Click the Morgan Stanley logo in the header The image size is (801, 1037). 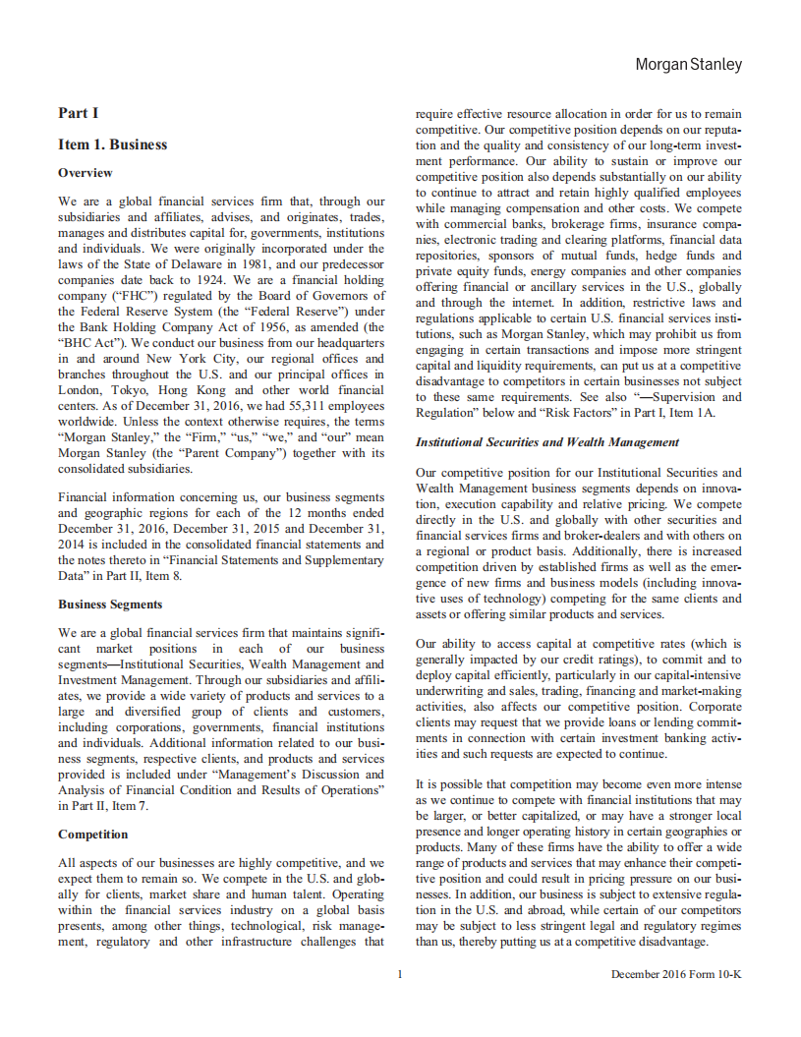point(688,65)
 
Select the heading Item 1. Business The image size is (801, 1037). point(112,144)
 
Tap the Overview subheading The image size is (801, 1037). point(86,173)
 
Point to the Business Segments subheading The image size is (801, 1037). point(110,605)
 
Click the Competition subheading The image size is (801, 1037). point(92,835)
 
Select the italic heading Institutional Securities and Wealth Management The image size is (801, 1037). point(547,442)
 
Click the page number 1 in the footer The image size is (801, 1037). point(400,974)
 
